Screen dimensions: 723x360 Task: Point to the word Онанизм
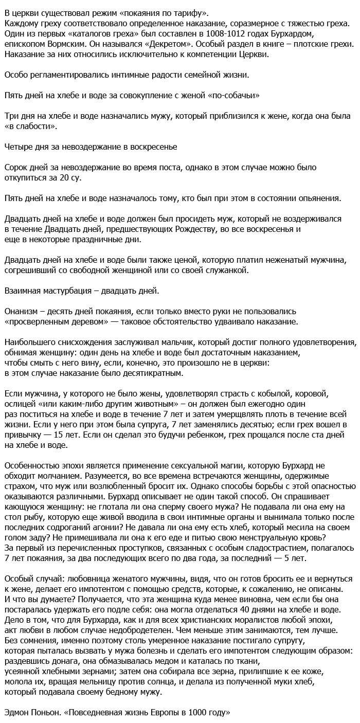21,312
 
